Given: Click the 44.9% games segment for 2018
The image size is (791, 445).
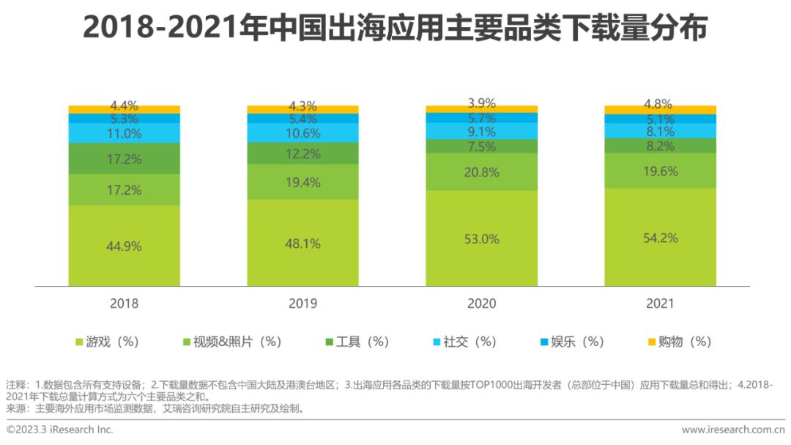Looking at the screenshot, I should (124, 246).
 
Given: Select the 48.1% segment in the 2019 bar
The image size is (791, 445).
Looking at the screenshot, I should (302, 243).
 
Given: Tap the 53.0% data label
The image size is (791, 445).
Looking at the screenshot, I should (481, 239).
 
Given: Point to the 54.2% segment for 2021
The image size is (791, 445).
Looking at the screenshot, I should (660, 238).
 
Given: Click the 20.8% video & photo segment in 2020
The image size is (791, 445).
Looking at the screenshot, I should (481, 172).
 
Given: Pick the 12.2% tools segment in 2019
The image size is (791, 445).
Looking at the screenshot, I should (302, 153).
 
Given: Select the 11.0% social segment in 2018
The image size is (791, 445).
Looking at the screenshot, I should (124, 133).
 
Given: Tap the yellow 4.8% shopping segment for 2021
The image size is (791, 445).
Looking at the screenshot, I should (660, 110).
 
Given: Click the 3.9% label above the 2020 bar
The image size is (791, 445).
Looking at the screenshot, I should (481, 103).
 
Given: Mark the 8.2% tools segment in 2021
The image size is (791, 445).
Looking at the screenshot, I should (660, 146).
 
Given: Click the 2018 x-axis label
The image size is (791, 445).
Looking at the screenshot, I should (124, 304).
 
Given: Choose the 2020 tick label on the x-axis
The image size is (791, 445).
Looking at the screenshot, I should (481, 304).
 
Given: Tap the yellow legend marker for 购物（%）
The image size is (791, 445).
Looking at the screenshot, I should (652, 342).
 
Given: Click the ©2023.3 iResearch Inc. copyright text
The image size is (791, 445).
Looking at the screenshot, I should (60, 430).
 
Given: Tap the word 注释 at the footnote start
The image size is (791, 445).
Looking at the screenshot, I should (15, 385).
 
